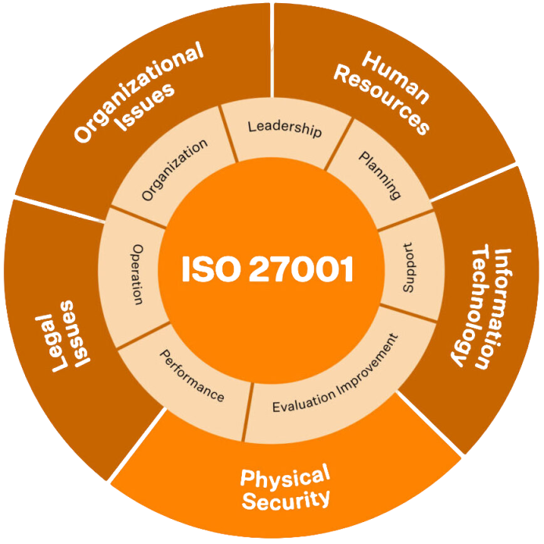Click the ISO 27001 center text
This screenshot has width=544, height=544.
[x=268, y=269]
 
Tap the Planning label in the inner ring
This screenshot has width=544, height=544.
[x=380, y=175]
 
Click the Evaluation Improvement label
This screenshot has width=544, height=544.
[x=335, y=374]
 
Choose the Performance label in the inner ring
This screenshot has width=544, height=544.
[x=192, y=376]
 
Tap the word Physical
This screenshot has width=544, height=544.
[x=285, y=477]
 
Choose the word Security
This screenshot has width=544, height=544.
[x=286, y=499]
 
